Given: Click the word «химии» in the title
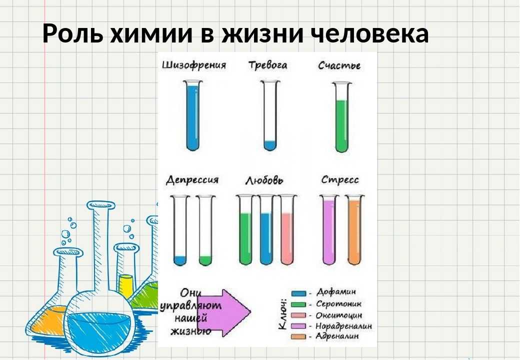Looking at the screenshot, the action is [151, 33].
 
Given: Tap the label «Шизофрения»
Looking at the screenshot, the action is [194, 65].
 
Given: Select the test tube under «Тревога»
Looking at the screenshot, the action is [269, 115].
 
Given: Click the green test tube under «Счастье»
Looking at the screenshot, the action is [341, 117].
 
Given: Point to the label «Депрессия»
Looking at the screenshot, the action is [192, 180].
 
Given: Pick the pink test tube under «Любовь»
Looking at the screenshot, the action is [287, 229].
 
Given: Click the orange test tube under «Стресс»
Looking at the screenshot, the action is [354, 229].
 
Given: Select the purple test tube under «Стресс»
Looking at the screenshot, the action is [329, 229].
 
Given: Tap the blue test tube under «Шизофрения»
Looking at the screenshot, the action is [193, 115].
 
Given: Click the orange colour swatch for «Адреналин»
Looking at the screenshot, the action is [298, 337].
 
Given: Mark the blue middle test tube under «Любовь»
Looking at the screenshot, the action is [266, 229].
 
